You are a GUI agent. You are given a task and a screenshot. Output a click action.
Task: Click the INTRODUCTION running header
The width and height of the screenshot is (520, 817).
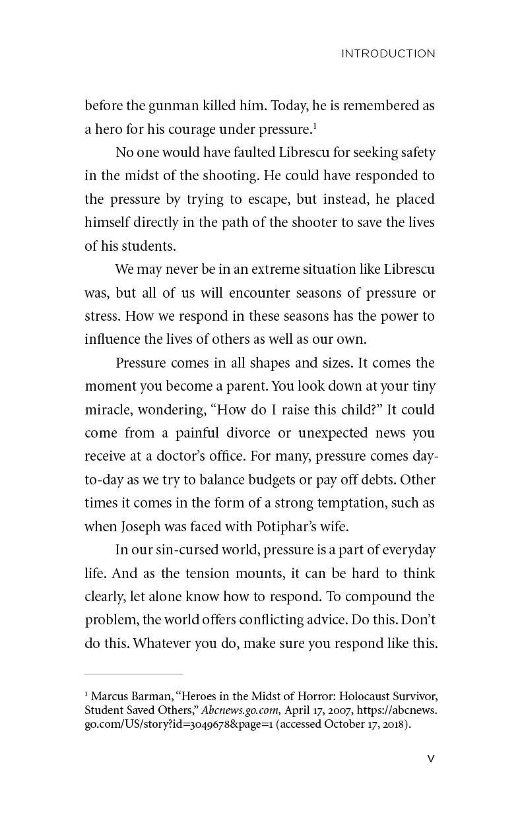388,54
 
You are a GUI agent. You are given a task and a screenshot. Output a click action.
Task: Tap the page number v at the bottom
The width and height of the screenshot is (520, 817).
431,758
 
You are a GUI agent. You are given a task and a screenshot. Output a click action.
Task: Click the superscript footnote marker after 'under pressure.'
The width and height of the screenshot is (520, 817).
315,125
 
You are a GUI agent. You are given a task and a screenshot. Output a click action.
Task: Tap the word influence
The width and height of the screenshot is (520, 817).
112,339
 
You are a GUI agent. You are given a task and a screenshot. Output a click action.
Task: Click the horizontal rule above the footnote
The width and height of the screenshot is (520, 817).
133,674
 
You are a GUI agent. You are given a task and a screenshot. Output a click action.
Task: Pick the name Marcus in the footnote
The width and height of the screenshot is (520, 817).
110,696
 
